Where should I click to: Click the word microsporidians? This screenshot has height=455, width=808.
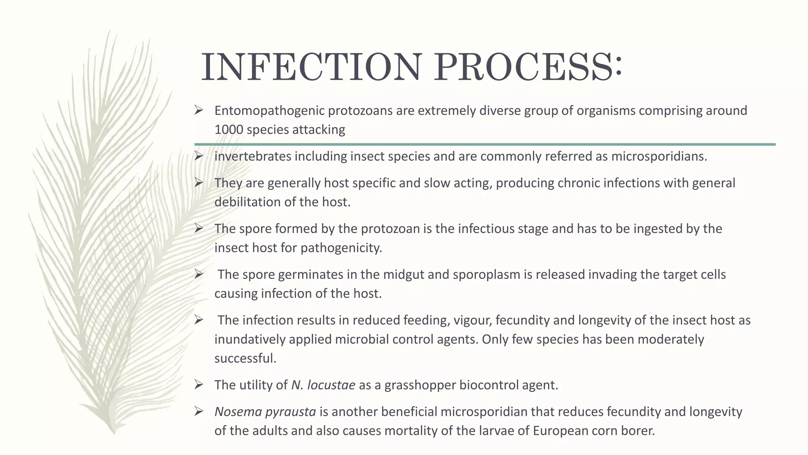point(658,156)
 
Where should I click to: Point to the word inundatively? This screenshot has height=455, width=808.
point(250,339)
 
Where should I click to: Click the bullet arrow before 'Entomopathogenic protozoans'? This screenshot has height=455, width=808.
point(199,110)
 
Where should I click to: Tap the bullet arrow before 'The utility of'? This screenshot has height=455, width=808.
point(199,384)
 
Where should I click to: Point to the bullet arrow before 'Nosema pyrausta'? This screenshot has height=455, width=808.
point(199,412)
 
